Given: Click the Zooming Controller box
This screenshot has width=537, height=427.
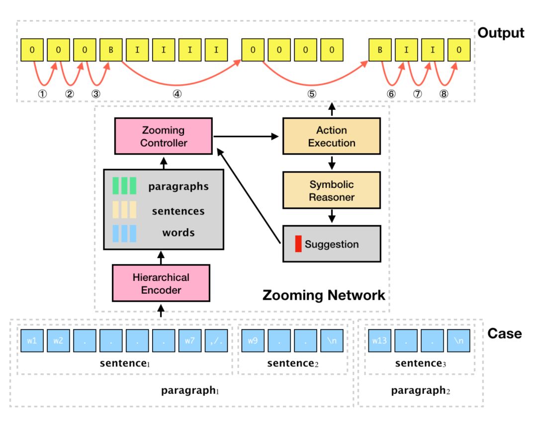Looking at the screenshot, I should click(x=163, y=136).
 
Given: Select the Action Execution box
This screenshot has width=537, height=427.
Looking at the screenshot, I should click(x=332, y=136).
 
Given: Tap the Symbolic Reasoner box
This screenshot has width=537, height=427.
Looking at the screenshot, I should click(x=332, y=190).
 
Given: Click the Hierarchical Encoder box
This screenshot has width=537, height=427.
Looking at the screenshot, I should click(x=161, y=283).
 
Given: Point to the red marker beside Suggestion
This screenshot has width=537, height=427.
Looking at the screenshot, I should click(x=298, y=245).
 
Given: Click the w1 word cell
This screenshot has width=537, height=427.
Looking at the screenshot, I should click(x=32, y=341).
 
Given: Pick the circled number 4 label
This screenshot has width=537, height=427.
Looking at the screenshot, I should click(x=178, y=93).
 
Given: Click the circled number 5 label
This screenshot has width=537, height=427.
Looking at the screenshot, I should click(x=311, y=93).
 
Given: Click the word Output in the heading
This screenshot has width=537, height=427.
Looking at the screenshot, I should click(x=501, y=33).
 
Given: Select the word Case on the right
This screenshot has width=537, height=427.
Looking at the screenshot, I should click(x=504, y=334).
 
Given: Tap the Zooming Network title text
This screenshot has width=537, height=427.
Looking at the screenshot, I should click(x=323, y=295).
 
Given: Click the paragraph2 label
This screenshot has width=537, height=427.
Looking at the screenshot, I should click(x=420, y=391).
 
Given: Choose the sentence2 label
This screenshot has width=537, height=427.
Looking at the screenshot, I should click(x=292, y=364).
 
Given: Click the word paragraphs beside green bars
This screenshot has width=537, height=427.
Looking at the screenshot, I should click(x=178, y=187).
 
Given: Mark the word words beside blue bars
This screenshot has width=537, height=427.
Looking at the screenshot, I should click(x=179, y=233).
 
